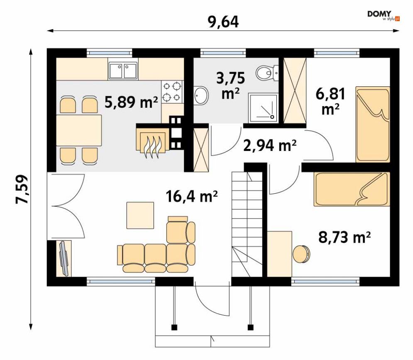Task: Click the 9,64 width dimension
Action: click(x=223, y=22)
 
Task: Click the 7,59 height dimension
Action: click(x=22, y=189)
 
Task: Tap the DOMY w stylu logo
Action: click(x=384, y=15)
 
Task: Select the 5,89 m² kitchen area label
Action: click(x=131, y=102)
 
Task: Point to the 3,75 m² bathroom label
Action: click(x=230, y=85)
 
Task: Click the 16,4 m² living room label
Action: click(x=192, y=196)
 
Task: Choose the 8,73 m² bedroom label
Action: click(x=345, y=237)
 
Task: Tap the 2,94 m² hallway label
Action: click(x=270, y=146)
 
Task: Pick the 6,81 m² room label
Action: click(x=330, y=101)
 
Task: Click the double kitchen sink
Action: click(x=123, y=71)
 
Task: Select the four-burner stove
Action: click(x=172, y=92)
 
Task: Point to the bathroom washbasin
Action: click(x=201, y=95)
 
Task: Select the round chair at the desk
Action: click(x=301, y=254)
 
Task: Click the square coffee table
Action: click(x=140, y=215)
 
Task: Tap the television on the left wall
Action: click(x=64, y=258)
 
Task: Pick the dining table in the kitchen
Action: click(x=79, y=130)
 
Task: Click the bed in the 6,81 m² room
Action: click(x=372, y=124)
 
